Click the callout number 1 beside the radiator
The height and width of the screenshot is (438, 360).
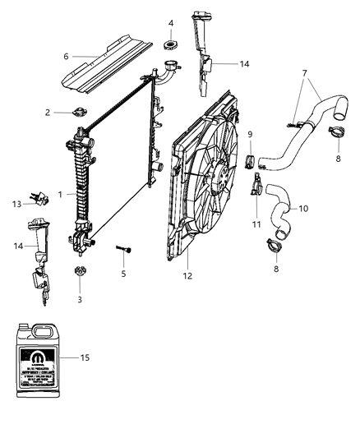pyautogui.click(x=62, y=194)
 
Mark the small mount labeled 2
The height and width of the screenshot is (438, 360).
pyautogui.click(x=80, y=113)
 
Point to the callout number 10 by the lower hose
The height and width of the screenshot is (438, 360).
pyautogui.click(x=302, y=209)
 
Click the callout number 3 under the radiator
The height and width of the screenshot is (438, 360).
pyautogui.click(x=80, y=300)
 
